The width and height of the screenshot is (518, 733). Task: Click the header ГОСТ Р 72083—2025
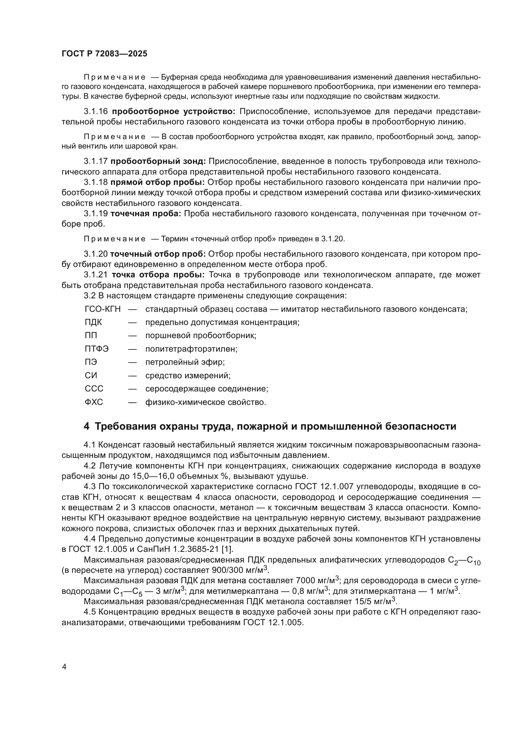point(104,54)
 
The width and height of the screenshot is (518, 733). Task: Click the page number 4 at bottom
point(65,667)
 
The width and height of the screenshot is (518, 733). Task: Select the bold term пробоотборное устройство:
point(174,112)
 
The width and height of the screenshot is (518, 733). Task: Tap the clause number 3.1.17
point(96,161)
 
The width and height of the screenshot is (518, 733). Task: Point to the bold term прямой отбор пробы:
point(158,182)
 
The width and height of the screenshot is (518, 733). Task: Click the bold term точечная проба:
point(145,213)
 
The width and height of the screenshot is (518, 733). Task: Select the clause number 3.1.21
point(96,275)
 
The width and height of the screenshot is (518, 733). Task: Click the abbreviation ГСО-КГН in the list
point(103,309)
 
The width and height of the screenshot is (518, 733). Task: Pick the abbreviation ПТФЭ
point(97,349)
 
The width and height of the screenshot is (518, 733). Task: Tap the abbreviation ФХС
point(94,402)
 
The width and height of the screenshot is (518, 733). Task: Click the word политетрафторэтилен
point(191,349)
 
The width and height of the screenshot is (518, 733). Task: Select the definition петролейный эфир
point(185,362)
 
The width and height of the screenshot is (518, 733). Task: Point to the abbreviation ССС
point(94,389)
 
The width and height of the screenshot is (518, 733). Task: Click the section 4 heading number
point(86,426)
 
